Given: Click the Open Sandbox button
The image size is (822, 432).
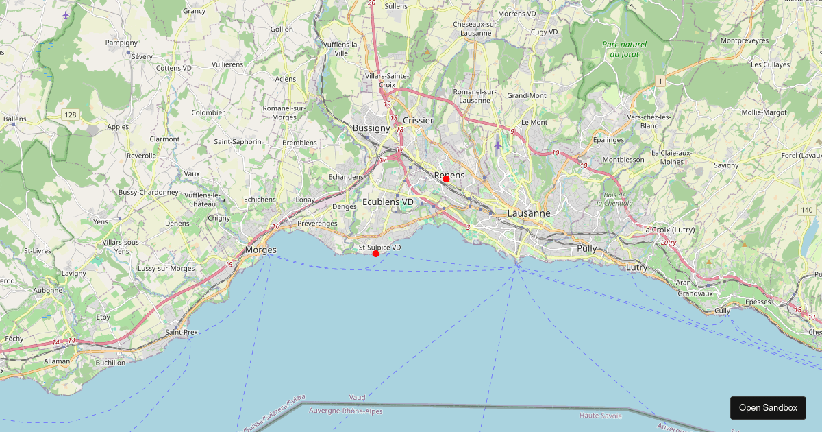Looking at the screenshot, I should [x=768, y=407].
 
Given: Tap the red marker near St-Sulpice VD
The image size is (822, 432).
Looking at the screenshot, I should [x=375, y=254].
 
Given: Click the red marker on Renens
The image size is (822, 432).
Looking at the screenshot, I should [x=446, y=179].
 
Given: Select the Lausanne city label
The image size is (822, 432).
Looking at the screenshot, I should [x=528, y=213].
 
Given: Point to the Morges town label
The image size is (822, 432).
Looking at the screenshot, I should [x=261, y=250].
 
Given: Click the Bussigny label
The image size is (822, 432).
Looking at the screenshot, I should [x=371, y=128].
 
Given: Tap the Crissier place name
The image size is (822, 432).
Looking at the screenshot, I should [x=418, y=121].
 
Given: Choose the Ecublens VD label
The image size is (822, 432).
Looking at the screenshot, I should [x=388, y=202].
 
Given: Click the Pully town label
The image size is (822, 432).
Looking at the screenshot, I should [x=586, y=248].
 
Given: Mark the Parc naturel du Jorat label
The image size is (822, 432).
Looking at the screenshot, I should [x=623, y=49].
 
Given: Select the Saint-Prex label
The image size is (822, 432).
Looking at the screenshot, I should [x=182, y=332].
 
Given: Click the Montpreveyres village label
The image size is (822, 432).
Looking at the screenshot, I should [x=744, y=40].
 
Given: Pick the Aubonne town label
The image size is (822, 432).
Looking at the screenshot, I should [x=48, y=291].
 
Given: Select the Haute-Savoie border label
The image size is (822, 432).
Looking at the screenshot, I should [x=600, y=416].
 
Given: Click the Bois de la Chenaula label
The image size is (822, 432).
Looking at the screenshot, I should [x=614, y=199].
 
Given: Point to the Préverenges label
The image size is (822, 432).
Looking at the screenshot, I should [x=317, y=224].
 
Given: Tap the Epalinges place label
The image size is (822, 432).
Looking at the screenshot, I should [x=608, y=139].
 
